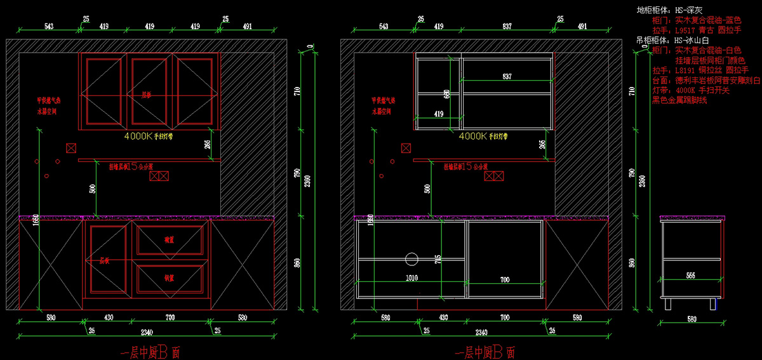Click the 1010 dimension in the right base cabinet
411,277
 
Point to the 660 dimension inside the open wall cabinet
446,95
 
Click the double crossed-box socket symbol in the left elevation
159,176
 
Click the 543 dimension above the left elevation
49,27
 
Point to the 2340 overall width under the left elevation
147,332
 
